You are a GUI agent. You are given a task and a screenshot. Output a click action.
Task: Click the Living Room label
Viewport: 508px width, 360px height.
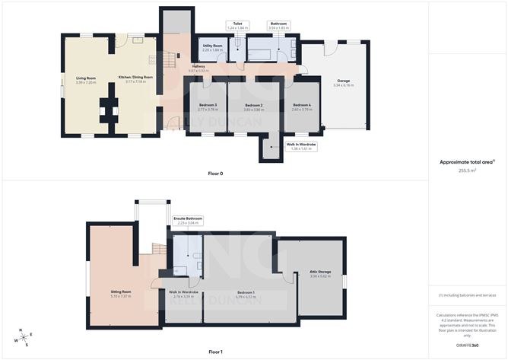[x=85, y=78]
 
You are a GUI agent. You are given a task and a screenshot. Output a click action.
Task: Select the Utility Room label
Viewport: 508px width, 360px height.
[x=212, y=46]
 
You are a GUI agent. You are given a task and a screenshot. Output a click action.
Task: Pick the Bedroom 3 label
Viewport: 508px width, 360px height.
[x=208, y=105]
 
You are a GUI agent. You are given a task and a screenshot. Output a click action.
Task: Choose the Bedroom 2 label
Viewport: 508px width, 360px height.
[x=253, y=105]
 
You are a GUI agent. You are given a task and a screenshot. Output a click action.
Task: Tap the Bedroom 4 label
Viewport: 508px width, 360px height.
[x=302, y=105]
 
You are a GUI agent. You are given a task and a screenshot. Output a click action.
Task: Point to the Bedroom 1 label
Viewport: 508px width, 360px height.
[x=245, y=292]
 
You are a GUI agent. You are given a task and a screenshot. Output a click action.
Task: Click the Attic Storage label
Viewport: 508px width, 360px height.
[x=320, y=272]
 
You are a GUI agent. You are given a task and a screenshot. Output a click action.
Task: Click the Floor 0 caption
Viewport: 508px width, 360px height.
[x=215, y=174]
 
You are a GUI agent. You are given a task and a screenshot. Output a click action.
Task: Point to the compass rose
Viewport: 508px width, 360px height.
[x=25, y=337]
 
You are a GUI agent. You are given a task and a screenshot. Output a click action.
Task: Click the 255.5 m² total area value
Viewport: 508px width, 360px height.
[x=467, y=170]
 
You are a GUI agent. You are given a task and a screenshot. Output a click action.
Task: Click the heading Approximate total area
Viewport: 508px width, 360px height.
[x=466, y=161]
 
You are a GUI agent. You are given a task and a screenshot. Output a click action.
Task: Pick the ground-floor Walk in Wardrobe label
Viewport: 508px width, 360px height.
[x=301, y=144]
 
